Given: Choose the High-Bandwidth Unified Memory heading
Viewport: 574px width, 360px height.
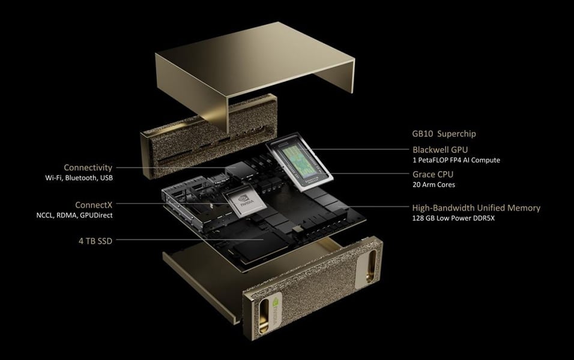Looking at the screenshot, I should click(476, 208).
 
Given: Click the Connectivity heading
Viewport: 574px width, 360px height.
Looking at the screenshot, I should click(88, 167).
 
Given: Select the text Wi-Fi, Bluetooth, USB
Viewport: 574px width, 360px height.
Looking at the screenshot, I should click(79, 178).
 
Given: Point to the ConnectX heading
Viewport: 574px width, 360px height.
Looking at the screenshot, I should click(94, 204).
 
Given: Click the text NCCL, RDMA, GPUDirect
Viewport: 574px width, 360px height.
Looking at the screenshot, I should click(78, 215).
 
